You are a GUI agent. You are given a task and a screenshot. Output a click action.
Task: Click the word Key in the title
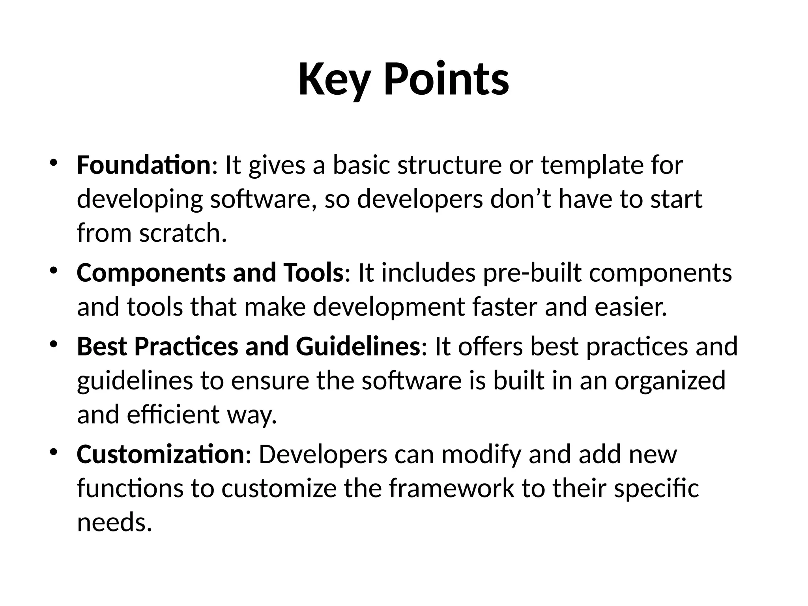pyautogui.click(x=333, y=80)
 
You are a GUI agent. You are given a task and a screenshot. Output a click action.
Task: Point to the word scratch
pyautogui.click(x=183, y=233)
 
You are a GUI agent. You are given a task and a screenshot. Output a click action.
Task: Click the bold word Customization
pyautogui.click(x=161, y=454)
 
